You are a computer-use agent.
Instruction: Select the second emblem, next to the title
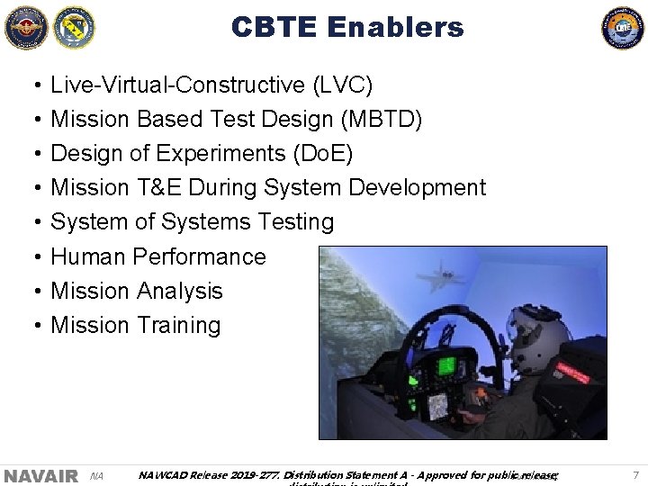tap(74, 27)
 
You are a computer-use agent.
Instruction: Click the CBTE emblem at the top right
tap(623, 27)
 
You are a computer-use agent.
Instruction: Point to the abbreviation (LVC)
tap(342, 85)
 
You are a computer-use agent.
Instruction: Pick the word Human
tap(88, 256)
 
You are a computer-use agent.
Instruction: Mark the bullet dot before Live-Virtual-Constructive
tap(33, 86)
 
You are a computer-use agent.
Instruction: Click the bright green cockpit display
tap(445, 366)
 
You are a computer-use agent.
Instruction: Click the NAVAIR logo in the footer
tap(40, 475)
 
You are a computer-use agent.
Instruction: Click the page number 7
tap(635, 474)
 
